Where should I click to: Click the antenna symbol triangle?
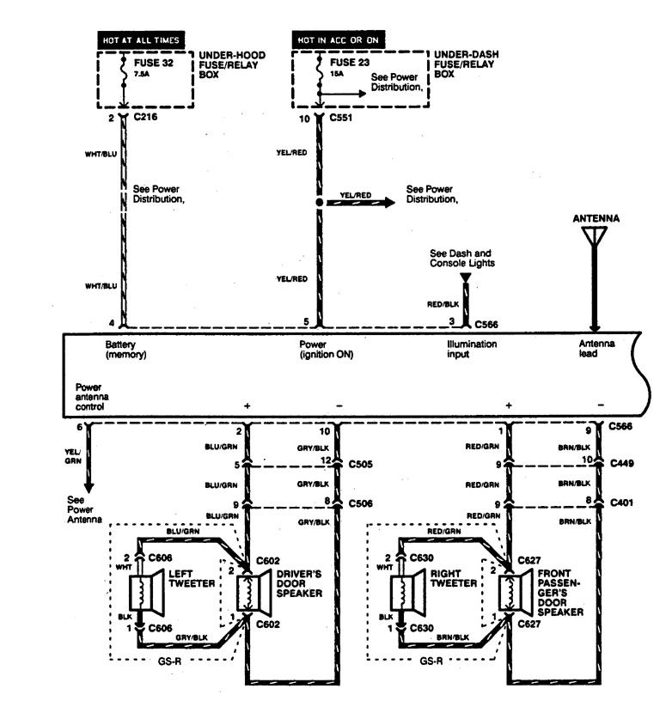[x=595, y=237]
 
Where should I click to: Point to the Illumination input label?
[x=471, y=349]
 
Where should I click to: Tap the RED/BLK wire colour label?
[x=443, y=304]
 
